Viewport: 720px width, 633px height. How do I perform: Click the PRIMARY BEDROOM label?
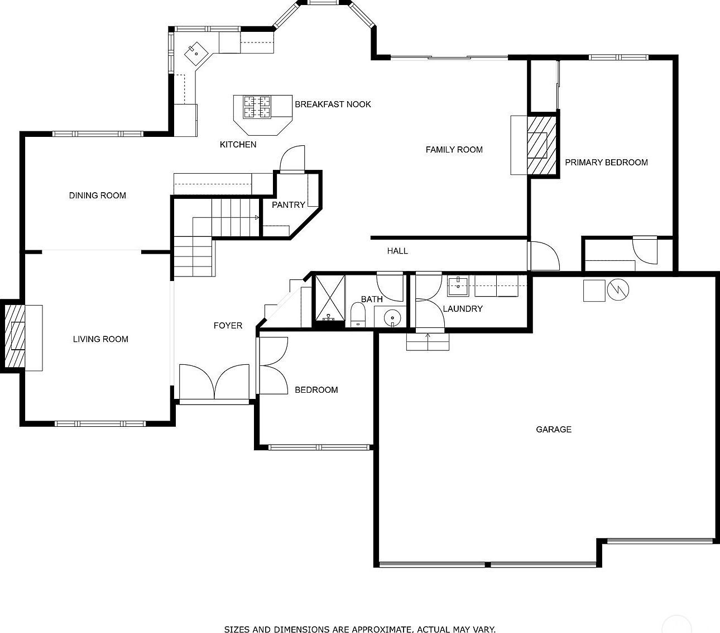(x=606, y=163)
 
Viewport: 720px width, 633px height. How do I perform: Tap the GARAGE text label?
(x=553, y=430)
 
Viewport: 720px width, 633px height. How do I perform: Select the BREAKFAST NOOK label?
(x=333, y=104)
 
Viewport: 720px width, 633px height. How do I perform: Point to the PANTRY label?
(x=288, y=205)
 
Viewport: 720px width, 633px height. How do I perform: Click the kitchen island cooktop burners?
(x=257, y=107)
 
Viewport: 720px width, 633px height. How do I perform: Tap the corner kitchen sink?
(x=196, y=53)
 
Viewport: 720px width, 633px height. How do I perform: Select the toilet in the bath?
(x=358, y=315)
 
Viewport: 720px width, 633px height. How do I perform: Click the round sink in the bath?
(x=392, y=318)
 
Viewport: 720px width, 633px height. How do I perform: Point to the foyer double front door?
(x=214, y=383)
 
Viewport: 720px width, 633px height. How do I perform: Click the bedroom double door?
(x=272, y=366)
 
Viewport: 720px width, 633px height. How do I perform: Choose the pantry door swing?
(x=292, y=158)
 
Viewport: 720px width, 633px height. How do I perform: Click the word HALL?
(x=397, y=251)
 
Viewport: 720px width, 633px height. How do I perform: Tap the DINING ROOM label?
(x=98, y=196)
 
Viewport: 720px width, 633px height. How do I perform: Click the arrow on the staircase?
(x=256, y=217)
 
